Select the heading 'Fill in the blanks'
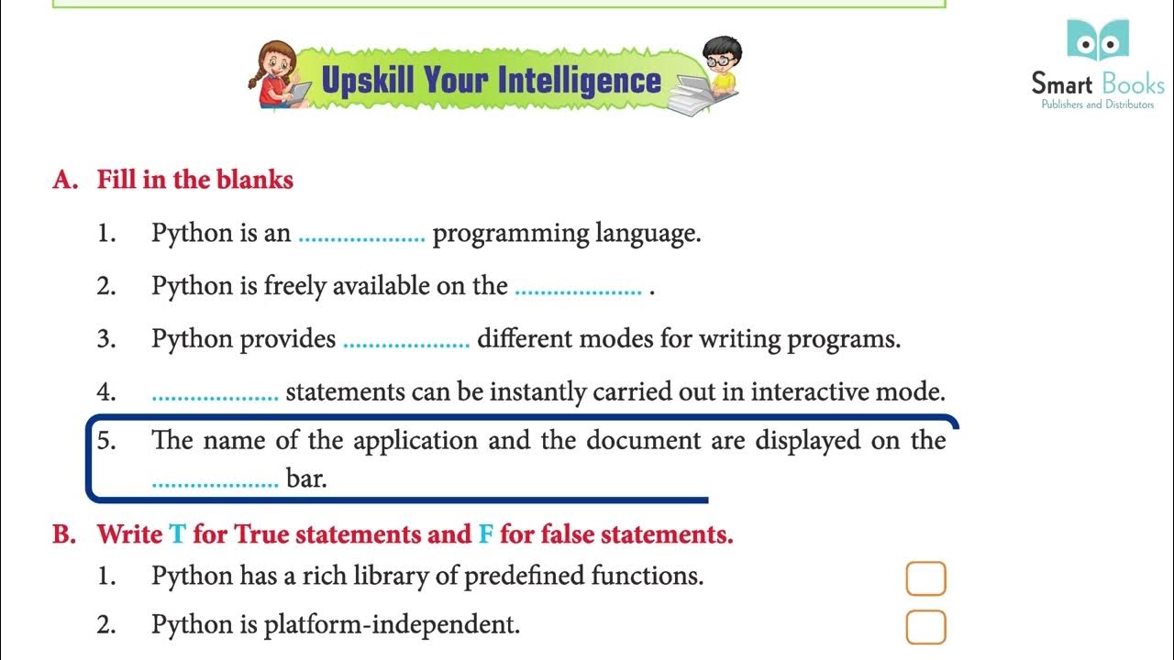coord(194,180)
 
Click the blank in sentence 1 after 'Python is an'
coord(361,236)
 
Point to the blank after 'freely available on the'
coord(578,290)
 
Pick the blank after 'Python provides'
coord(405,343)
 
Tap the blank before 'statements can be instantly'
coord(215,396)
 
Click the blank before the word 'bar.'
coord(215,480)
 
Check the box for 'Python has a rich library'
coord(925,578)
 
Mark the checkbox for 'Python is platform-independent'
coord(925,627)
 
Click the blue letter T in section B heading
coord(177,534)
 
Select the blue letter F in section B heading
coord(486,534)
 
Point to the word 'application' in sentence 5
coord(415,441)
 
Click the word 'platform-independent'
coord(392,625)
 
